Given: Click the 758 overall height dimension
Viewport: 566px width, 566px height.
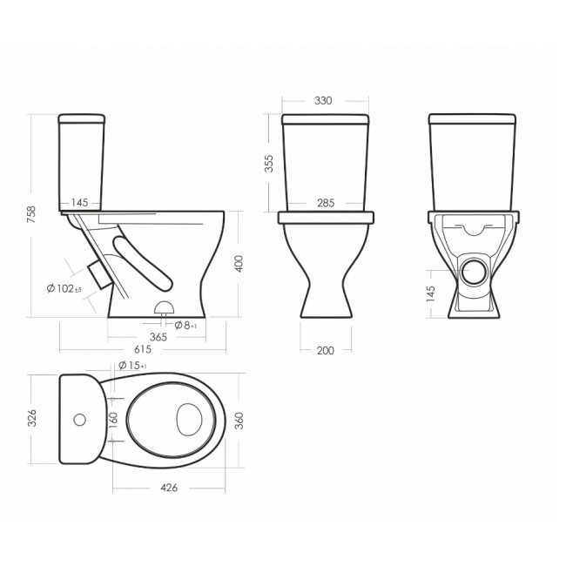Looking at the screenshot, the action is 31,214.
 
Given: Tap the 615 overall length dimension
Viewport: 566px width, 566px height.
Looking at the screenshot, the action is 143,349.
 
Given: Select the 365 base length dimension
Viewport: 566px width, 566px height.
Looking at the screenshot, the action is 158,337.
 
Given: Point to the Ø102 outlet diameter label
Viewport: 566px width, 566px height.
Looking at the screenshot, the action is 64,288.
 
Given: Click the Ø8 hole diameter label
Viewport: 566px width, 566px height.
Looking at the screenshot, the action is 185,326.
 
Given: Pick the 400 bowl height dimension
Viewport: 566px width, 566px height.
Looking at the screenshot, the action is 239,264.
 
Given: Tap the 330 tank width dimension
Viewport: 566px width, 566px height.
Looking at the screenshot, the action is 323,101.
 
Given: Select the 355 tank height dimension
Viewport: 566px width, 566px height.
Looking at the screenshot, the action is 269,164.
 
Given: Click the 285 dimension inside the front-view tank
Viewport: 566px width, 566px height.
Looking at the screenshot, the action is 326,203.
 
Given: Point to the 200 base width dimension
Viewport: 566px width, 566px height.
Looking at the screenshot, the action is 326,351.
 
